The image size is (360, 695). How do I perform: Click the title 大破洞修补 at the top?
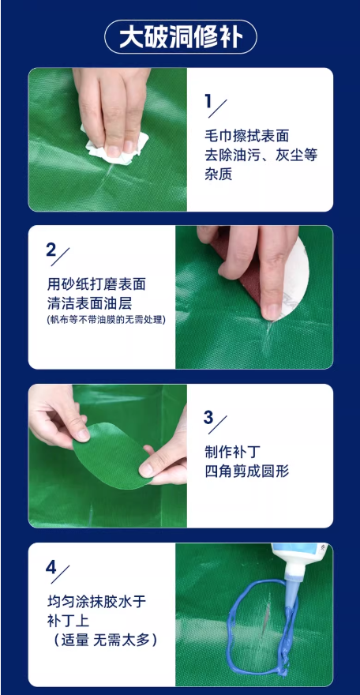[x=181, y=37]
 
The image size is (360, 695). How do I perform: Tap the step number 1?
[x=208, y=102]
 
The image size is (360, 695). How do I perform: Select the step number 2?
[x=51, y=251]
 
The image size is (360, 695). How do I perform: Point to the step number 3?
[x=208, y=418]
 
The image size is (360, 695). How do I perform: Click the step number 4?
[x=51, y=568]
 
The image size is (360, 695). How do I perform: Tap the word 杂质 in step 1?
[x=219, y=175]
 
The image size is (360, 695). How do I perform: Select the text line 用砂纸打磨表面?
[x=96, y=284]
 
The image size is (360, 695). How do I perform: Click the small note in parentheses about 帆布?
[x=105, y=319]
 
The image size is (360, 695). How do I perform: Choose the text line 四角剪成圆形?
[x=246, y=471]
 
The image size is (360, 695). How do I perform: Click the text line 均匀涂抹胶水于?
[x=96, y=602]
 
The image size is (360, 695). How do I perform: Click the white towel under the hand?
[x=116, y=145]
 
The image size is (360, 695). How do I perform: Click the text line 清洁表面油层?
[x=89, y=303]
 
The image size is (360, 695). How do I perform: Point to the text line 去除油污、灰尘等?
[x=261, y=155]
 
